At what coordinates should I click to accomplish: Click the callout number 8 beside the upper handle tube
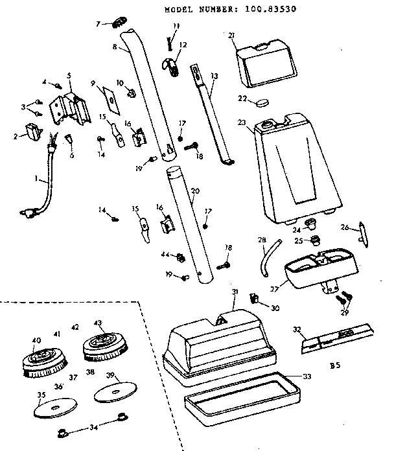(115, 47)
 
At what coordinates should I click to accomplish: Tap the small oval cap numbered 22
(262, 102)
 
